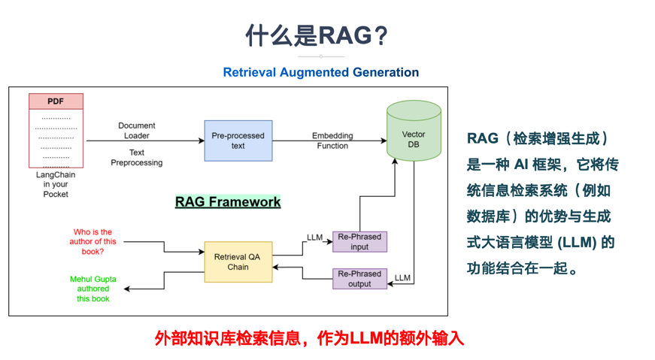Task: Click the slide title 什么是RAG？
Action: coord(317,35)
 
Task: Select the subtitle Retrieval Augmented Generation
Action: coord(321,72)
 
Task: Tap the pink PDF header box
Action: coord(56,101)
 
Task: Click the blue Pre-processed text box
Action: coord(238,141)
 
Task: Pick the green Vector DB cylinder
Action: coord(414,131)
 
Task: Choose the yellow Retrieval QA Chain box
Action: coord(238,262)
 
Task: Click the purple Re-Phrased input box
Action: coord(359,242)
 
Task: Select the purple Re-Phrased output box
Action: coord(359,279)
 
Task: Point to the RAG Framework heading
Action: coord(228,201)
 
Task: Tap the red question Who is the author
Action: coord(92,241)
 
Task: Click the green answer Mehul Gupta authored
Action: coord(92,289)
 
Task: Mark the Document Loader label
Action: coord(137,130)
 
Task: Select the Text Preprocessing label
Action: coord(137,157)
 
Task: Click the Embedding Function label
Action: coord(332,141)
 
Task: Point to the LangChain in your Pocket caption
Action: coord(56,184)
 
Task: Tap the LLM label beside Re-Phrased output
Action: coord(402,278)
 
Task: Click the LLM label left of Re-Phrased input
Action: coord(314,237)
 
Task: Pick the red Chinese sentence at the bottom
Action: coord(309,338)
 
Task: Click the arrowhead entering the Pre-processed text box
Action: coord(202,141)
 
